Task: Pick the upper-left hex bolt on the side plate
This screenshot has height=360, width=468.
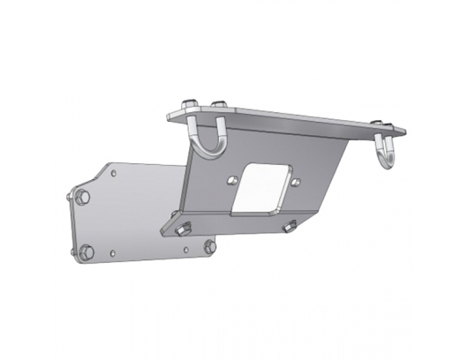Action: (81, 195)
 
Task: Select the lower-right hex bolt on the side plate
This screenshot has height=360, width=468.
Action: (208, 248)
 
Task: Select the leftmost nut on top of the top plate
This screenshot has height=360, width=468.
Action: (186, 105)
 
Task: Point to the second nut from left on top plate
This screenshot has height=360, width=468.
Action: (217, 108)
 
